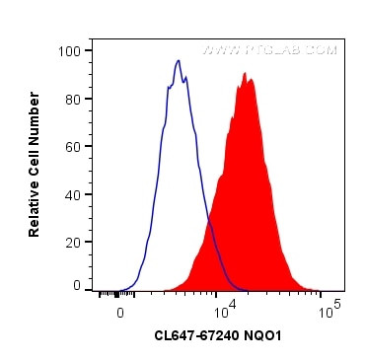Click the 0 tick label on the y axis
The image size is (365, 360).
[77, 285]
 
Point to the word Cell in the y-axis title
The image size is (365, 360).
[35, 157]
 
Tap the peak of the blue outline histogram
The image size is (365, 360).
[179, 61]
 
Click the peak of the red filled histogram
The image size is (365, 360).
[244, 73]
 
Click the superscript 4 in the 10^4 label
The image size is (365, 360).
[234, 305]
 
